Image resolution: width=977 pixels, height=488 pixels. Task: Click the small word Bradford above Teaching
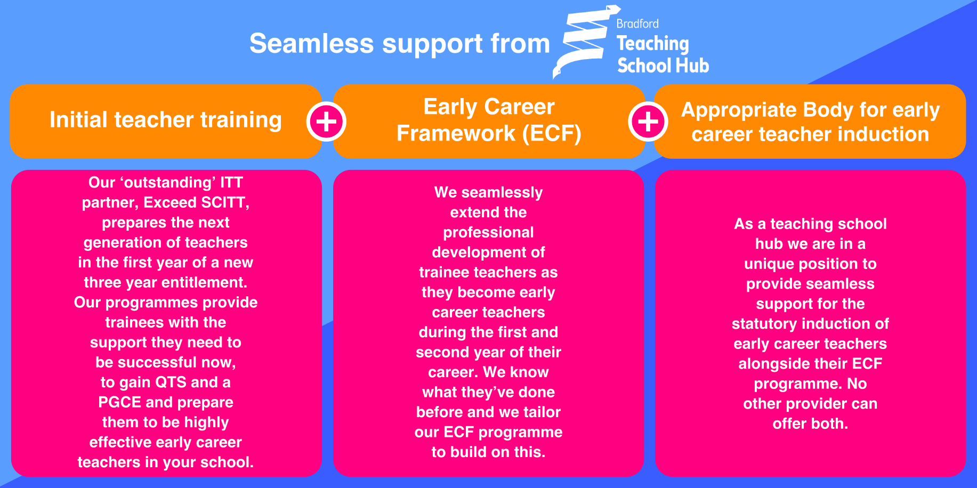pos(637,24)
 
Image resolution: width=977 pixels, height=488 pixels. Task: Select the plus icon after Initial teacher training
pos(326,121)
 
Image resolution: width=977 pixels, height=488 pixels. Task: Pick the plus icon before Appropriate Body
pos(648,121)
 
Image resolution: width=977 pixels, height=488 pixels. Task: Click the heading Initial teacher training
pos(165,120)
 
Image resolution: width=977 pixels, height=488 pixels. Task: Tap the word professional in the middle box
pos(488,233)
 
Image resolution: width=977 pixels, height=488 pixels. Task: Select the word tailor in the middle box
pos(542,412)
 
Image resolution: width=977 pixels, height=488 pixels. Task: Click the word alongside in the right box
pos(768,364)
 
